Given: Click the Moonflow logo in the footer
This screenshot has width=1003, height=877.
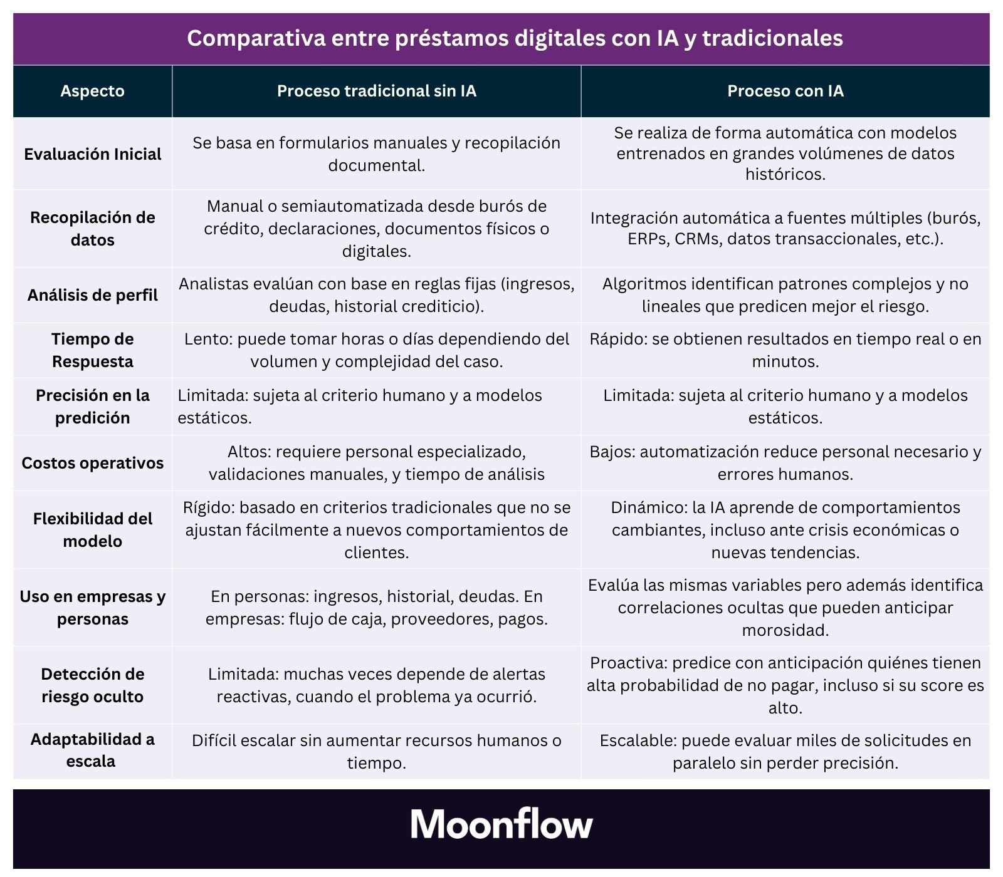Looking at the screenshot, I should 501,824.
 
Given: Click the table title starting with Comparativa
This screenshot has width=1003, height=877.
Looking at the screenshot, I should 515,38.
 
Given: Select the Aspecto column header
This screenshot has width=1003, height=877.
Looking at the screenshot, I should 92,91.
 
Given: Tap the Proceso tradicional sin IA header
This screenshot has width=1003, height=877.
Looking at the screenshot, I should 376,91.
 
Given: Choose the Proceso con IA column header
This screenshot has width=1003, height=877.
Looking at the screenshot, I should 785,91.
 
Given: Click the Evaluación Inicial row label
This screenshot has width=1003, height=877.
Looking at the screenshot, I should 92,154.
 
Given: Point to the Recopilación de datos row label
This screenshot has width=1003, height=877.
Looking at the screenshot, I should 92,229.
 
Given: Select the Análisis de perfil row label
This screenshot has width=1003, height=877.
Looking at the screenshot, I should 92,295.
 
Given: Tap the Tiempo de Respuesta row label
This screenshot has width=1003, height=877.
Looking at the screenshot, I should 92,350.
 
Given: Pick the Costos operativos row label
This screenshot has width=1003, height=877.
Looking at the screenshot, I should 92,463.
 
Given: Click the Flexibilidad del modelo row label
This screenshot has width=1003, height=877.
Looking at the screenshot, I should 92,530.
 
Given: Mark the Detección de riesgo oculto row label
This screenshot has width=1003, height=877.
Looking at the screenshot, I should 92,685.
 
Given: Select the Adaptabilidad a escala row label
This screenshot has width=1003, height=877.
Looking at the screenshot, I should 92,750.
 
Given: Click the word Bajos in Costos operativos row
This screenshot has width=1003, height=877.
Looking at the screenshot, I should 611,452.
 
